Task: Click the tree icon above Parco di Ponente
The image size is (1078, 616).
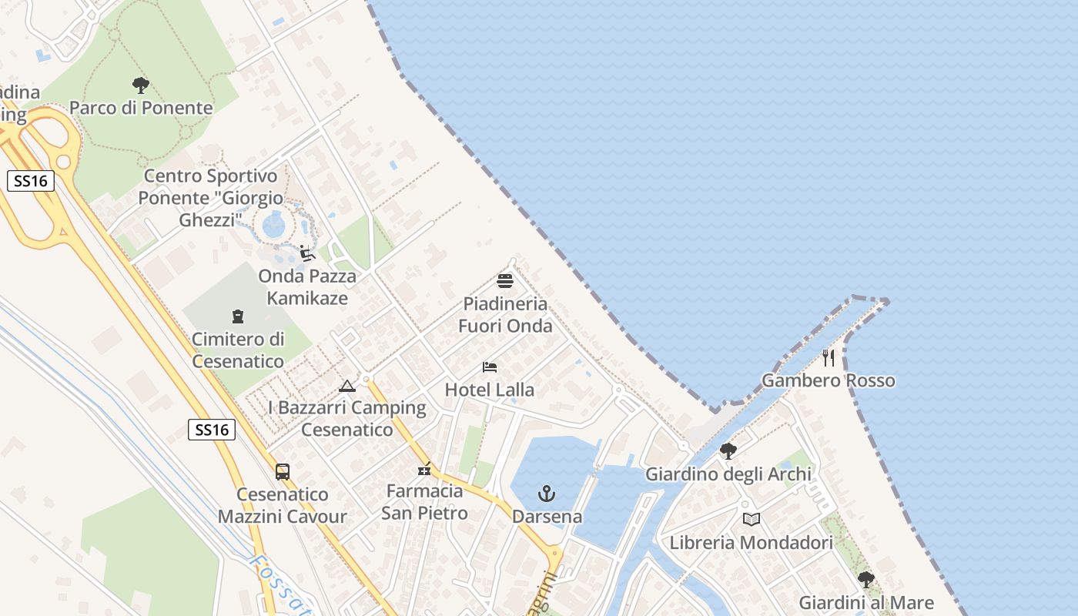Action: pos(140,85)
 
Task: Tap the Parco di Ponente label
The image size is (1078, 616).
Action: pos(141,108)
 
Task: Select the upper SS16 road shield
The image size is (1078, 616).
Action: pos(31,182)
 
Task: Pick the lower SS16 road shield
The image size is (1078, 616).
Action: pos(212,430)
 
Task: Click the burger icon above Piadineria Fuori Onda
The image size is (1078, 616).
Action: pos(505,281)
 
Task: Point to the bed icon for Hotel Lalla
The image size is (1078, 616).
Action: pos(490,367)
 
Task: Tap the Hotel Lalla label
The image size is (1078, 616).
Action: pos(490,390)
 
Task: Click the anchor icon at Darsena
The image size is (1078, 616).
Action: pos(547,494)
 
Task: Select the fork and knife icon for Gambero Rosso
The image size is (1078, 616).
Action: pos(829,358)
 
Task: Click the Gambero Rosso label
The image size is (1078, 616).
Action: pos(829,380)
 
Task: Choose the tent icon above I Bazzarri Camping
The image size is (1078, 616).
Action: pos(347,386)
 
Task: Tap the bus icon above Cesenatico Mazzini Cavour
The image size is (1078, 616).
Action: pos(283,472)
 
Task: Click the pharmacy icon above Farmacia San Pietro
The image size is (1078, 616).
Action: pos(424,468)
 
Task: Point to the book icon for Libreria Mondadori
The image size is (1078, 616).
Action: pos(752,520)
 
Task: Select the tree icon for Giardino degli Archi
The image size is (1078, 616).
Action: pos(728,451)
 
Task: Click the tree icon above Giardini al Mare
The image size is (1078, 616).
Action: pos(866,580)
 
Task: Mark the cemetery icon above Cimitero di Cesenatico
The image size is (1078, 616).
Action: pos(238,316)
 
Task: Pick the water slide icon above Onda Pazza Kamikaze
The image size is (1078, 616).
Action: pos(307,253)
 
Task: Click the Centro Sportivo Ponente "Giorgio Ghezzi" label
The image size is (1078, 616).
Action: pos(211,198)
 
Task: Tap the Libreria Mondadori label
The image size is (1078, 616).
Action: pos(752,542)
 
